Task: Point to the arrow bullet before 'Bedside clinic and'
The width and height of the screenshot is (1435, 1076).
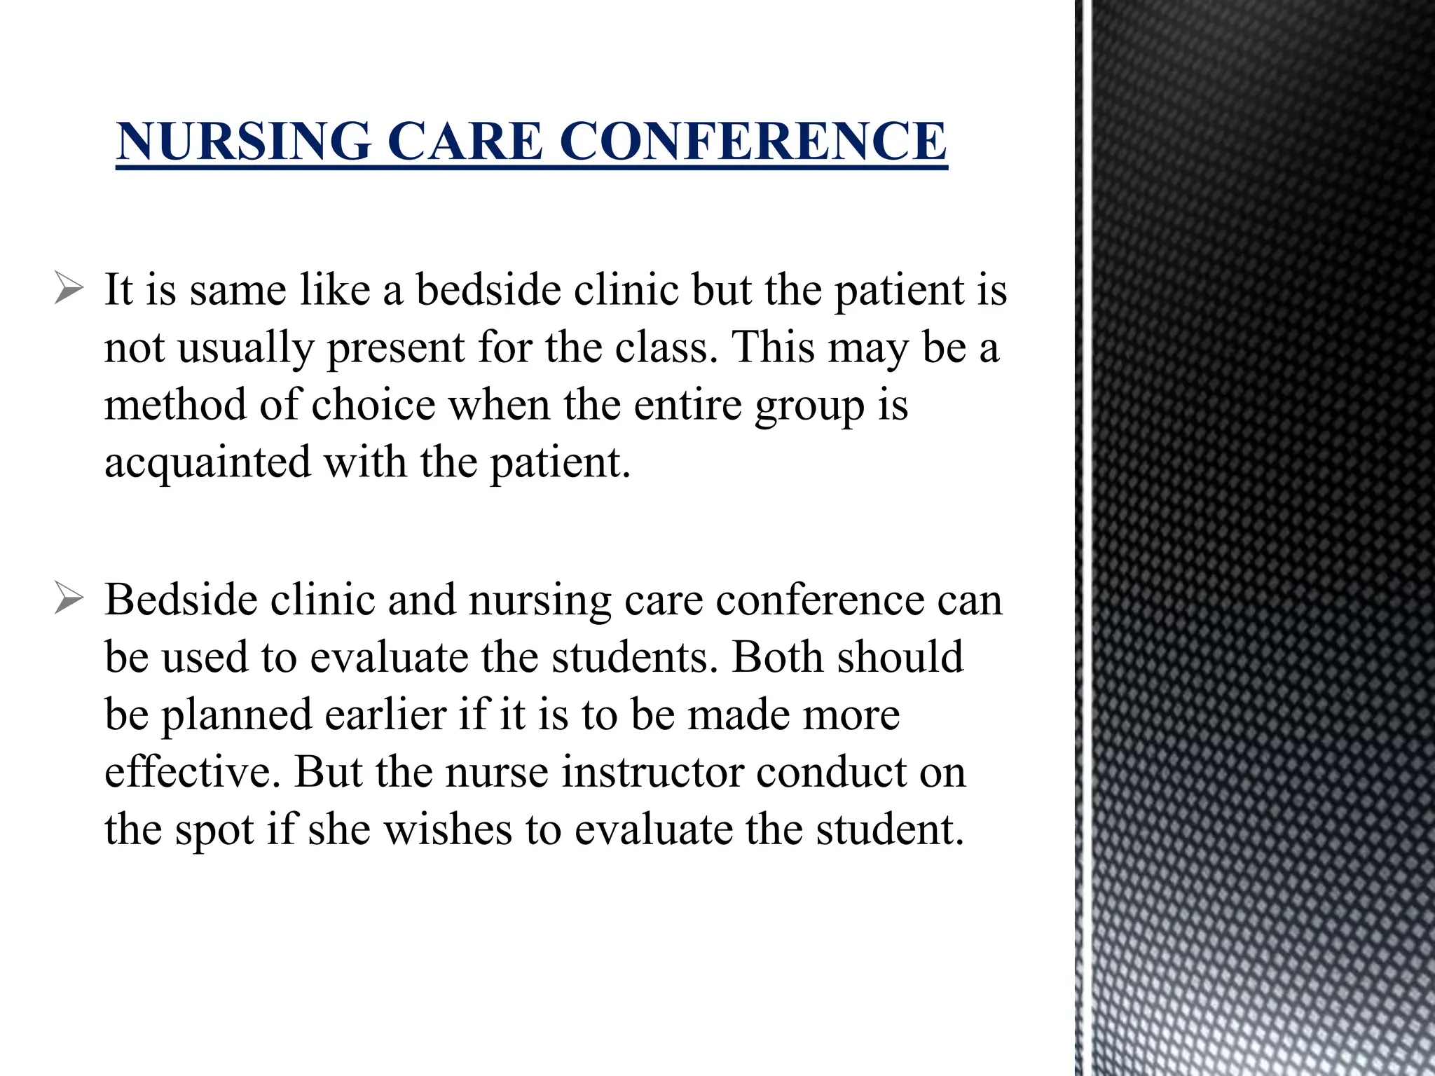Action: (x=69, y=600)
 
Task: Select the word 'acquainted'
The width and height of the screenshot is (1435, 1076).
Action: (x=207, y=462)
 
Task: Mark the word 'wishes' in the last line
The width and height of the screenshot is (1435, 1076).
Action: (x=448, y=829)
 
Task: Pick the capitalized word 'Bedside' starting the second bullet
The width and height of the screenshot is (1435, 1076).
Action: (x=181, y=600)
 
